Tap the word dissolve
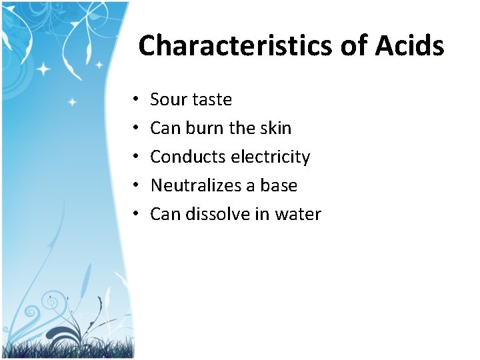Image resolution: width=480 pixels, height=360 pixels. pyautogui.click(x=215, y=214)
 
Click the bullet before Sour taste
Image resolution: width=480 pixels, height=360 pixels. pyautogui.click(x=135, y=100)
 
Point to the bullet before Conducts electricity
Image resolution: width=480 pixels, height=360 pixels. pyautogui.click(x=135, y=157)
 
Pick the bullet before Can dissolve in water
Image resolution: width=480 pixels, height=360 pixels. pyautogui.click(x=135, y=215)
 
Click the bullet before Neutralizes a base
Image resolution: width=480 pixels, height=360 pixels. pyautogui.click(x=135, y=186)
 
